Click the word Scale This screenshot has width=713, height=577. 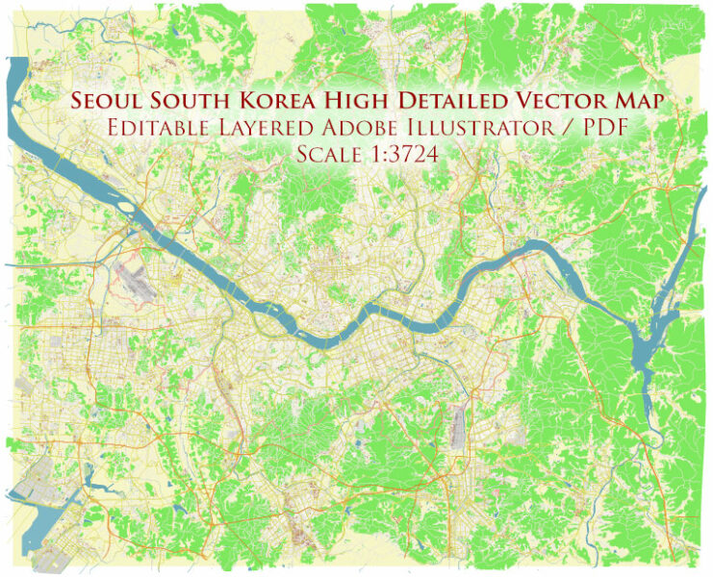click(327, 154)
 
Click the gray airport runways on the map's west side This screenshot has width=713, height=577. click(136, 280)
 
